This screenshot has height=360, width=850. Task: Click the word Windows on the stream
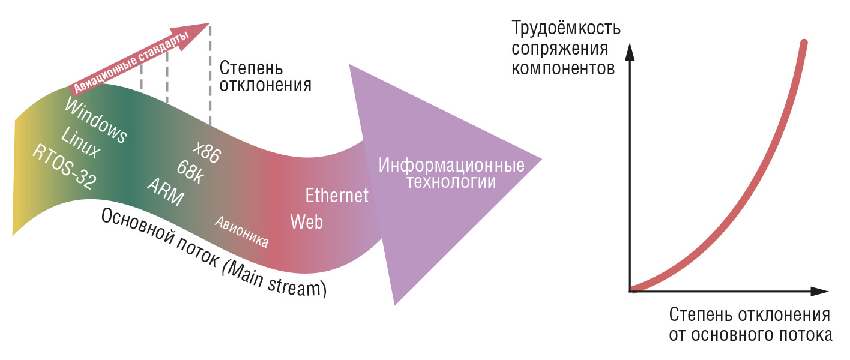point(95,120)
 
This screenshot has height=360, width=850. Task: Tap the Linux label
point(80,142)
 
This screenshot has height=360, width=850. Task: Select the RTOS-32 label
point(64,167)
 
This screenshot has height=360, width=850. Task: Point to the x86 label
point(206,152)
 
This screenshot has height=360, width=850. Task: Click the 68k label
point(190,172)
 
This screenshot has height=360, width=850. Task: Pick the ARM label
point(166,191)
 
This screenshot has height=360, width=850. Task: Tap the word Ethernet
point(337,196)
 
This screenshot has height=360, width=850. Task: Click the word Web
point(307,221)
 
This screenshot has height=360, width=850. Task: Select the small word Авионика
point(242,232)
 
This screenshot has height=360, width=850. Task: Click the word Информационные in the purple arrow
point(451,165)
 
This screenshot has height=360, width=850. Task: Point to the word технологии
point(451,182)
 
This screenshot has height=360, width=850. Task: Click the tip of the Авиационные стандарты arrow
point(209,23)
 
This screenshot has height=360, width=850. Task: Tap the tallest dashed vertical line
point(210,75)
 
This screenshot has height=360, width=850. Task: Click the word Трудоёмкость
point(566,28)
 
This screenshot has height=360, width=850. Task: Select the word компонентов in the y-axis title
point(563,68)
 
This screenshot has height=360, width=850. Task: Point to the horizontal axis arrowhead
point(819,292)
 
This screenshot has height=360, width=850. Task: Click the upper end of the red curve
point(804,42)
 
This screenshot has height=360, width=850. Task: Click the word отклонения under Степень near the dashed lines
point(265,85)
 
